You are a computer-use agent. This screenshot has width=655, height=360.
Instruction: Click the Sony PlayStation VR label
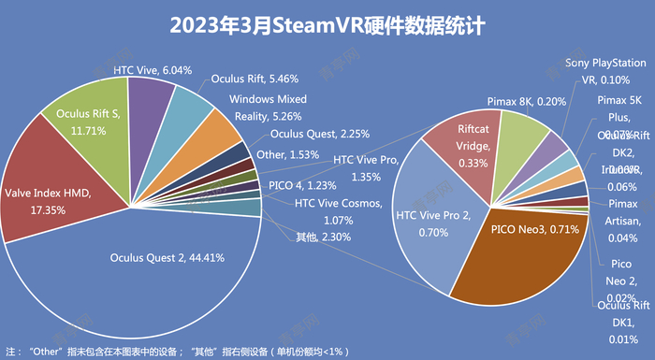(x=604, y=70)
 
